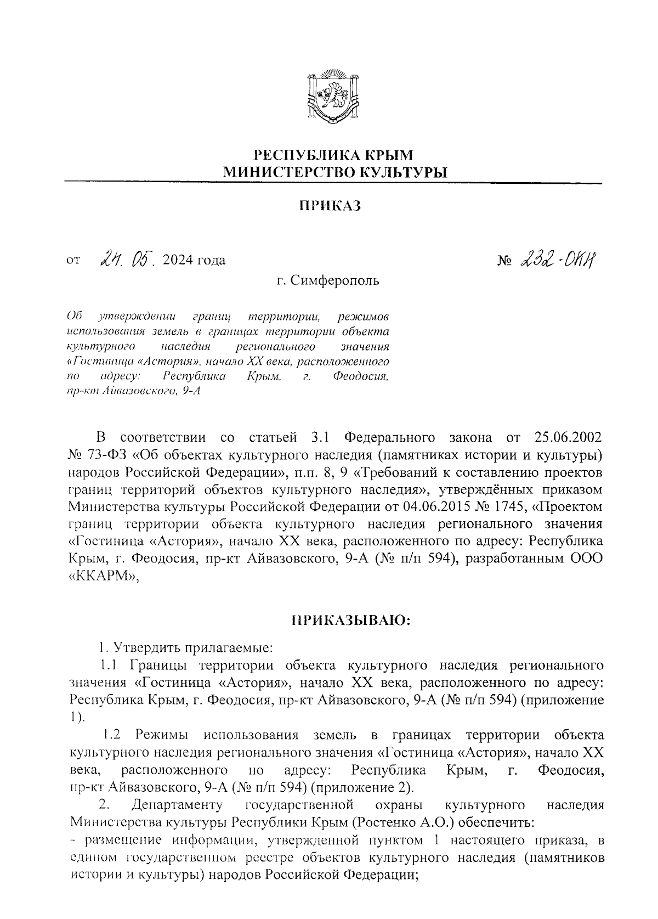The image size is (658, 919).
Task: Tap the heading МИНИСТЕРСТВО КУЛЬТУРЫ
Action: pyautogui.click(x=334, y=172)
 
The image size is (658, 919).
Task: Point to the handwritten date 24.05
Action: pyautogui.click(x=128, y=257)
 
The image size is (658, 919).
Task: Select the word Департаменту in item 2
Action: pyautogui.click(x=177, y=806)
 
